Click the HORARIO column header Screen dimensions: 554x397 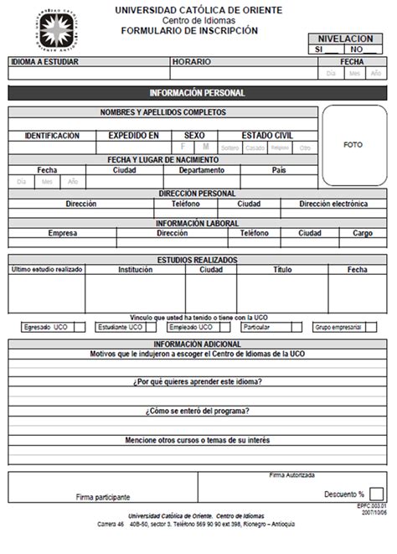(x=190, y=62)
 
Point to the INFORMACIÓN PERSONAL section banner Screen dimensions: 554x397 (x=197, y=93)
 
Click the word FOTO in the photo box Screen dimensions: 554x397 (x=353, y=145)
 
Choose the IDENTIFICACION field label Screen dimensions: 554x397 (x=52, y=135)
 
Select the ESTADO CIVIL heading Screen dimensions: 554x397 (x=267, y=135)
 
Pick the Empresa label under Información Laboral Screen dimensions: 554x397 (x=63, y=234)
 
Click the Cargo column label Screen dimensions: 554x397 (x=362, y=234)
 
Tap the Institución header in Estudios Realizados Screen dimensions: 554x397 (x=136, y=270)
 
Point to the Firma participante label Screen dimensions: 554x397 (x=103, y=496)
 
